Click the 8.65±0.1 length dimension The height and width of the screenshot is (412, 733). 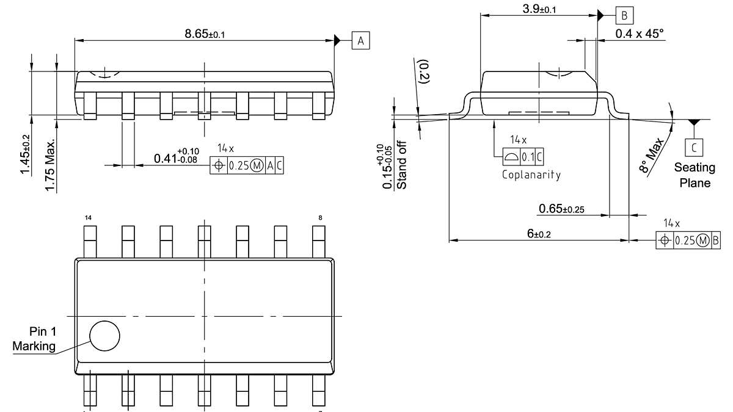click(205, 34)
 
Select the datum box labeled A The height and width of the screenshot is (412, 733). click(360, 41)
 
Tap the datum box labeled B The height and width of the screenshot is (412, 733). click(624, 15)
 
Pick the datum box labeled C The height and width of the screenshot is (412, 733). click(694, 147)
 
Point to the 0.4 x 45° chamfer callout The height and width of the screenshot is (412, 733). click(639, 34)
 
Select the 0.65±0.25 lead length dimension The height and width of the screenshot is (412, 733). click(561, 209)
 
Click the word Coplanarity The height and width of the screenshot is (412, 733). click(531, 175)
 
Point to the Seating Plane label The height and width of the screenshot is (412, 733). click(695, 175)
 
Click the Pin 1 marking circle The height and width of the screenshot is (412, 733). click(104, 335)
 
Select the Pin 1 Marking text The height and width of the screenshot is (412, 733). click(35, 339)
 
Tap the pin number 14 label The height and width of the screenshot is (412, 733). click(88, 218)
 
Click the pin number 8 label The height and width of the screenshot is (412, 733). click(320, 218)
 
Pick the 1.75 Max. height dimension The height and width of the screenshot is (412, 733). click(51, 165)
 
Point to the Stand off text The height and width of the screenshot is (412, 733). click(401, 165)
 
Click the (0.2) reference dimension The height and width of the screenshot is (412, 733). click(423, 72)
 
